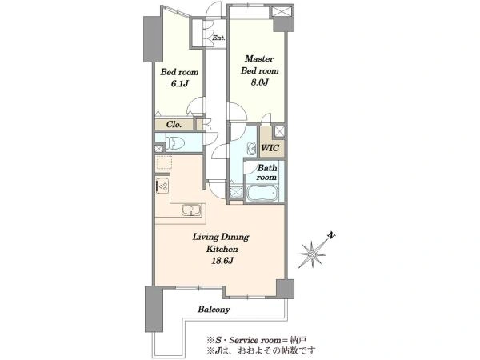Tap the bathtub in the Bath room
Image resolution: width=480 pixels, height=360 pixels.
click(x=262, y=193)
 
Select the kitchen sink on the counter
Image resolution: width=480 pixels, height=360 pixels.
click(x=191, y=210)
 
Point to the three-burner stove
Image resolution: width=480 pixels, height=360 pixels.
click(x=162, y=186)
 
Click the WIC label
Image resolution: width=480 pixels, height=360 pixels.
click(x=270, y=148)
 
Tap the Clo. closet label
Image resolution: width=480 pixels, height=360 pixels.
click(x=174, y=124)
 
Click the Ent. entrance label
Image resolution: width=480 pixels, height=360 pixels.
click(x=219, y=38)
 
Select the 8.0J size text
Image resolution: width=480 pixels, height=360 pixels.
click(x=259, y=82)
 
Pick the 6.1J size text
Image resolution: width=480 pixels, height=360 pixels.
click(x=179, y=84)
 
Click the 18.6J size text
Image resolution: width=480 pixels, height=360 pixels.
click(x=222, y=261)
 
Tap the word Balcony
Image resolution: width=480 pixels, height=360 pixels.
click(x=214, y=309)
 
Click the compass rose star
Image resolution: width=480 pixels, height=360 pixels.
click(x=312, y=254)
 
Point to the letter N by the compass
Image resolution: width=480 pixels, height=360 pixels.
click(x=331, y=235)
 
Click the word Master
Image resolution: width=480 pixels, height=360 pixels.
click(x=259, y=58)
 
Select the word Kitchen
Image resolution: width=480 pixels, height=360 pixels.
click(x=222, y=249)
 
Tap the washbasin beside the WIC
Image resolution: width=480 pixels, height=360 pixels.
click(x=252, y=148)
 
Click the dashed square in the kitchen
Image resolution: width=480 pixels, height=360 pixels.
click(x=164, y=162)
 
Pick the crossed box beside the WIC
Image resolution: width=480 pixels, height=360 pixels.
click(x=279, y=131)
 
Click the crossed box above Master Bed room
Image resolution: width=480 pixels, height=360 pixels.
click(x=281, y=11)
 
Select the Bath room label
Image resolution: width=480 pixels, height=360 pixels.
click(x=267, y=172)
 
